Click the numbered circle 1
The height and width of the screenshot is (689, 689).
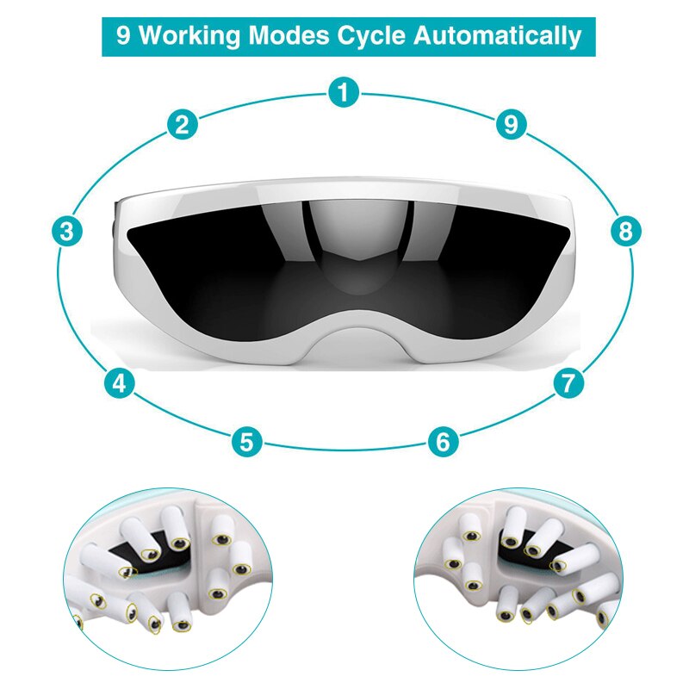pos(344,92)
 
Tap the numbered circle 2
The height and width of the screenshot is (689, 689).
pos(183,124)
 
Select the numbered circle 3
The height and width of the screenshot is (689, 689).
pos(67,231)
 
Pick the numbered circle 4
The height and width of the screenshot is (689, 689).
pos(120,383)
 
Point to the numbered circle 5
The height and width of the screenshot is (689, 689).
pos(247,441)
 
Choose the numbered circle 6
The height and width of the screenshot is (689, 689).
pos(443,441)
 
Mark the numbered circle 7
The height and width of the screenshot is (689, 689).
pos(568,383)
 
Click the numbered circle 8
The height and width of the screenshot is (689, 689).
pos(626,231)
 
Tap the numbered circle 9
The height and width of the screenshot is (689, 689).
pos(512,124)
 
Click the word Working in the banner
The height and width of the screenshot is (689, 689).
pos(189,36)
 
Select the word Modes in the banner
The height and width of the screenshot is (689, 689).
pos(289,35)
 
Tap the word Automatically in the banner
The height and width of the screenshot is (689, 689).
pos(498,36)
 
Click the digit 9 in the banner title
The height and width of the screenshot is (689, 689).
pos(123,35)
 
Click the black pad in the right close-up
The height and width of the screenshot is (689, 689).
pos(527,555)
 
